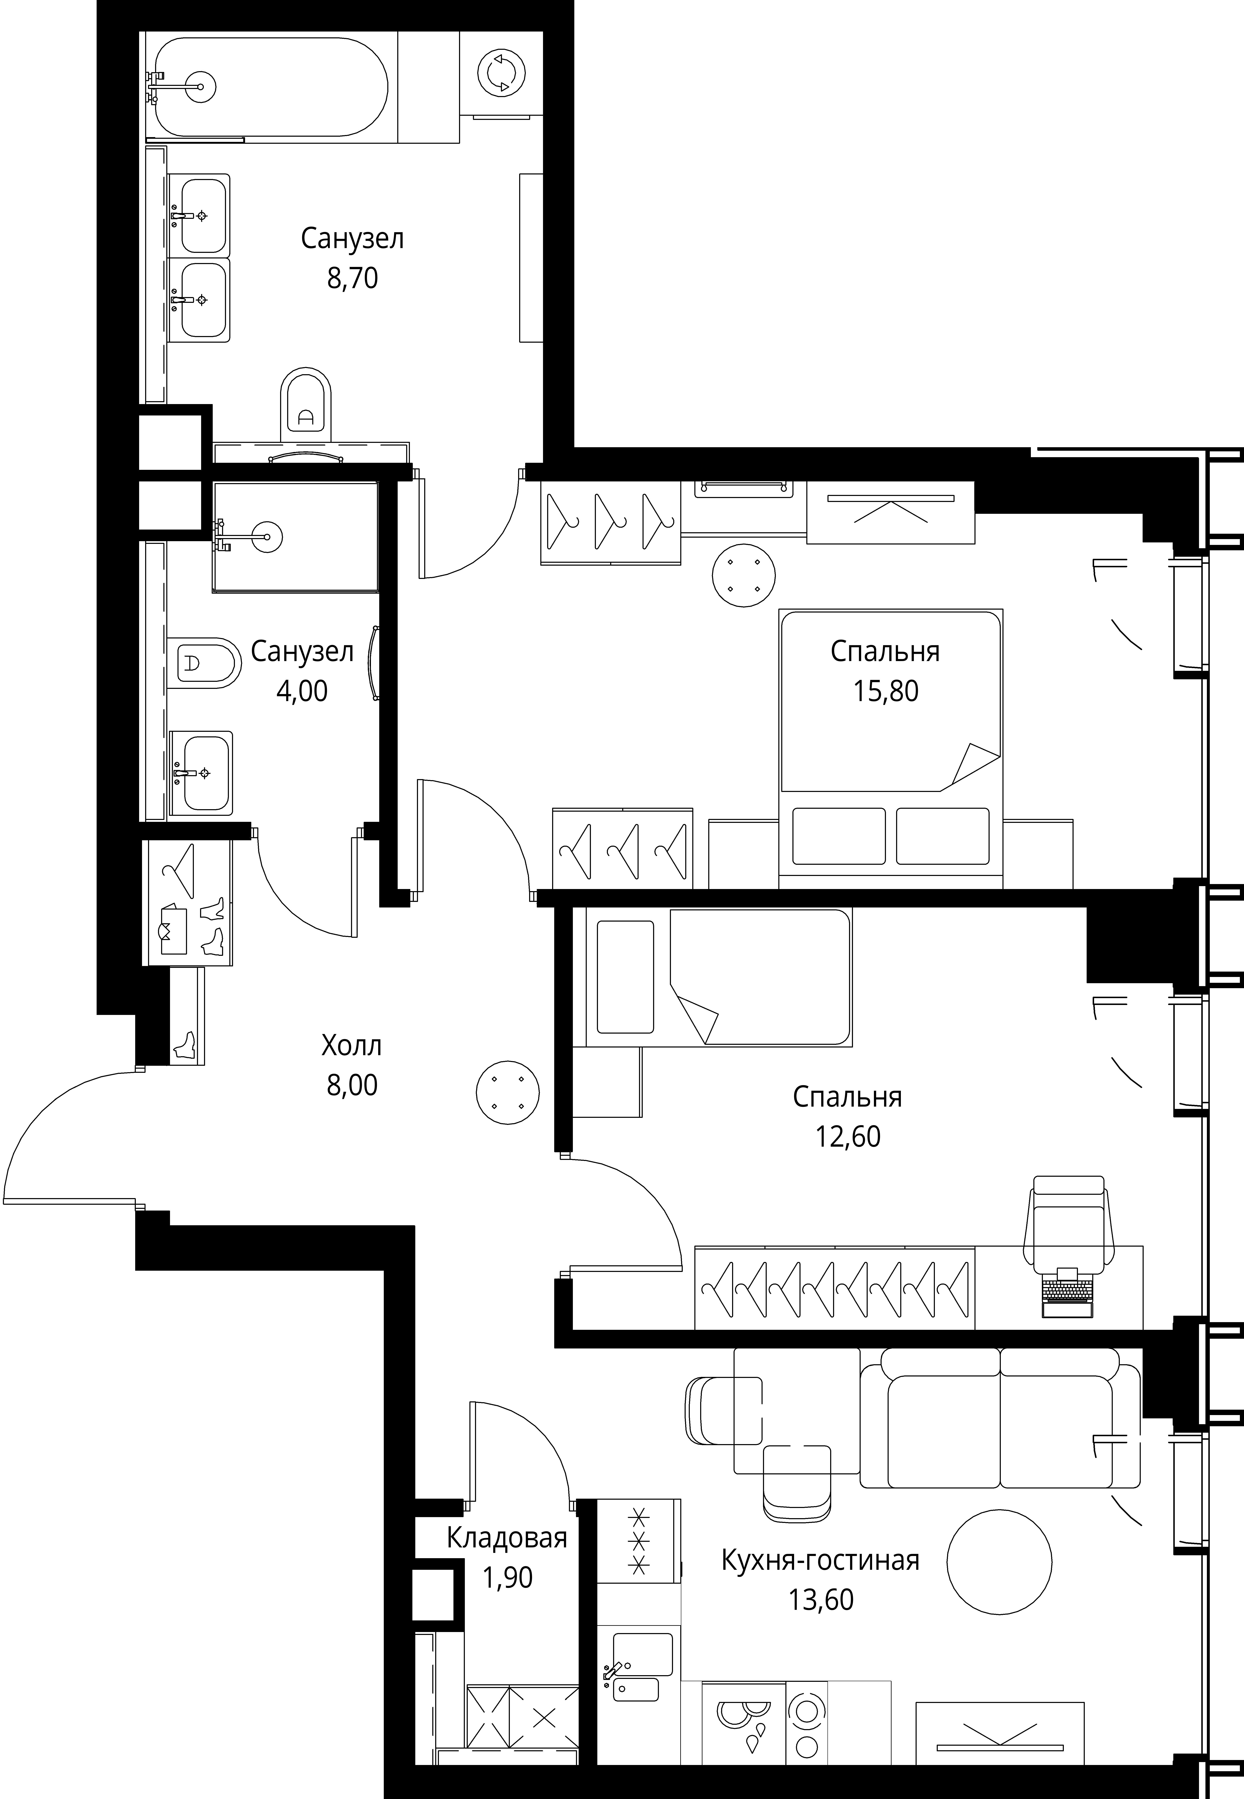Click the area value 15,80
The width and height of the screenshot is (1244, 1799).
point(886,691)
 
